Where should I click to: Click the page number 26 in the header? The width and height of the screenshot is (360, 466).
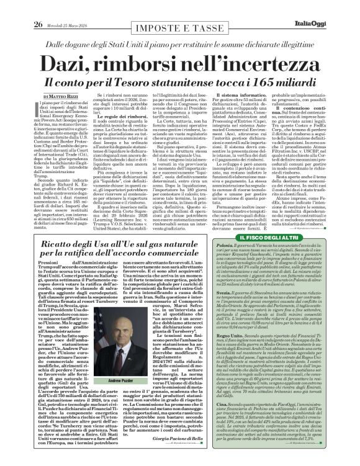pos(20,7)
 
